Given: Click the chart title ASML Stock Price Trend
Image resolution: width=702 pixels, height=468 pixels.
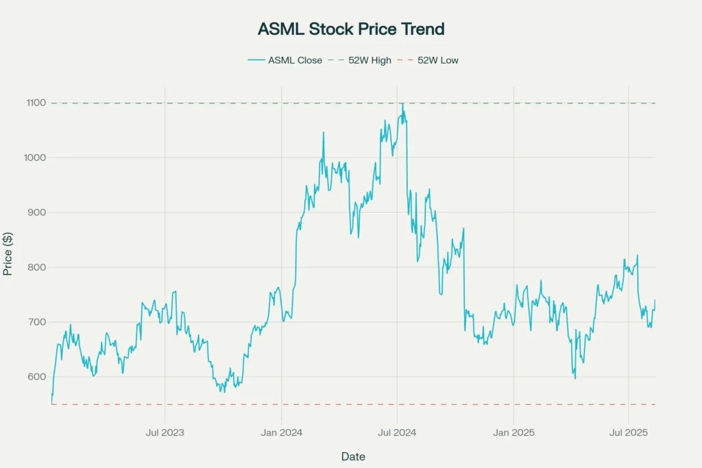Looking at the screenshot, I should tap(351, 29).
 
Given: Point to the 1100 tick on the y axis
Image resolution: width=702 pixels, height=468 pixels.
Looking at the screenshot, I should tap(37, 103).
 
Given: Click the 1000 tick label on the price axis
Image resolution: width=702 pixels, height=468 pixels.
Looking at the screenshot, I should tap(37, 158).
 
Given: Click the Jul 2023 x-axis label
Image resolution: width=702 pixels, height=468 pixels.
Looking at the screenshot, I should tap(165, 432).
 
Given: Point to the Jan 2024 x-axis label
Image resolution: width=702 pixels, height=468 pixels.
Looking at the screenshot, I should tap(282, 432).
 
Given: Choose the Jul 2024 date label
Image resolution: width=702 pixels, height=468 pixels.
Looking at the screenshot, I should tap(397, 432).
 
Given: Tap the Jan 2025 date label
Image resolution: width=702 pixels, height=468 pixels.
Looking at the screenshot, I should tap(513, 432).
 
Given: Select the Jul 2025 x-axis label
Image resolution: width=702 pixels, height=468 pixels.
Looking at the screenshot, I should tap(629, 432).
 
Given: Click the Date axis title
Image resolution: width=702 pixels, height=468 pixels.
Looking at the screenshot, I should tap(353, 456).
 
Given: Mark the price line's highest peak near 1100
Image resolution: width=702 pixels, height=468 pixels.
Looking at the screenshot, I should tap(402, 103).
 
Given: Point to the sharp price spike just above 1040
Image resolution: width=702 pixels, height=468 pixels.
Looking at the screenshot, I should tap(324, 132).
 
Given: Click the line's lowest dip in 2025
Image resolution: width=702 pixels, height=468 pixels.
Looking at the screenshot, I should tap(575, 378).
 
